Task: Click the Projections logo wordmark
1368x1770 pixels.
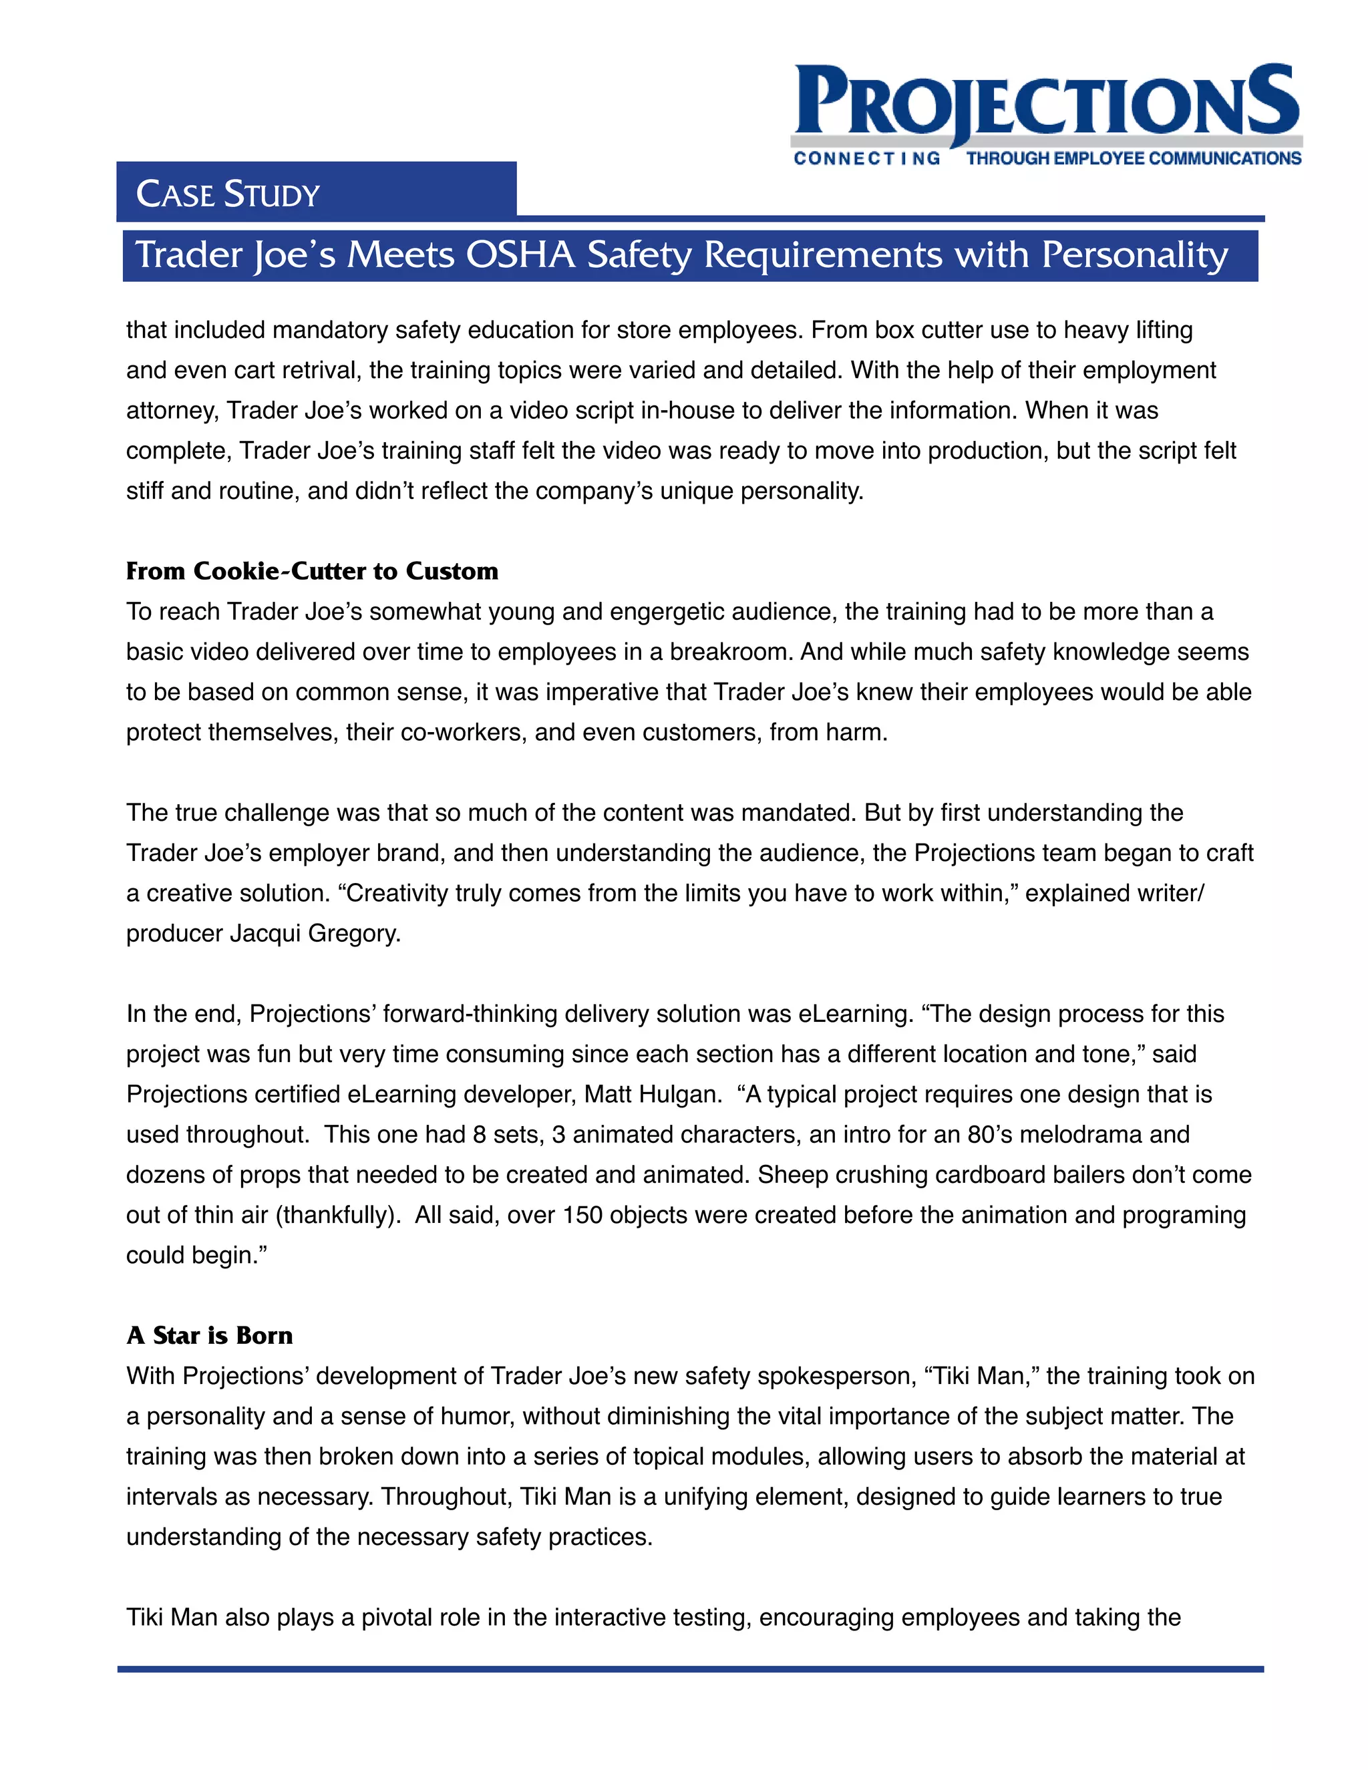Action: (1045, 102)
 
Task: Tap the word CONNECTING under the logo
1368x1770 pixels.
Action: (866, 159)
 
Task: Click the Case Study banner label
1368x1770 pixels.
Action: (228, 194)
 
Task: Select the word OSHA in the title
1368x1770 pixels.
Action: (520, 255)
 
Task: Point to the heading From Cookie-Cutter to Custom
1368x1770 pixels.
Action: (312, 571)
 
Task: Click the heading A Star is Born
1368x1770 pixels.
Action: (209, 1336)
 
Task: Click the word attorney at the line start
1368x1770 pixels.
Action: (171, 411)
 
